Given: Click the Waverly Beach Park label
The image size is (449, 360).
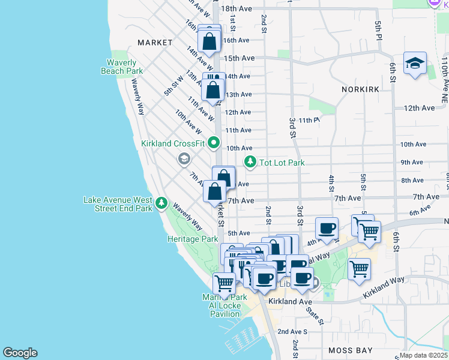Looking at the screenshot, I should tap(121, 67).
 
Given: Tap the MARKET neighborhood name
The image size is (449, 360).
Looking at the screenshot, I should tap(154, 43).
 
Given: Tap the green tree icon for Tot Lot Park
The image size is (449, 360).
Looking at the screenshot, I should tap(250, 162).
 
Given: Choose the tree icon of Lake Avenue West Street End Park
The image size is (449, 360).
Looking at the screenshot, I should tap(161, 203).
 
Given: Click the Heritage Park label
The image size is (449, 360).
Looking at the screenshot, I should tap(192, 239).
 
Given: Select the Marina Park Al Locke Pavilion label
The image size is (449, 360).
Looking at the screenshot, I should tap(223, 305).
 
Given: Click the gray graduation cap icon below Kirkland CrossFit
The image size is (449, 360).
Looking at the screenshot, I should tap(184, 159).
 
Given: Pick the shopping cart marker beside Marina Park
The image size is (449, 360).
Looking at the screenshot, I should tap(224, 282).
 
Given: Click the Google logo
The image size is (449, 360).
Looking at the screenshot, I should tap(20, 353).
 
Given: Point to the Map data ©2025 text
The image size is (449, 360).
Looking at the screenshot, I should tap(423, 355).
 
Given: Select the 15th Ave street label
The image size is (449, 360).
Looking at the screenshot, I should tap(240, 58).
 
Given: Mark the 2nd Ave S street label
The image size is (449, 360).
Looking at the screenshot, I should tap(292, 331).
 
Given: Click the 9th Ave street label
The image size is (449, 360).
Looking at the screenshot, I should tap(412, 162).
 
